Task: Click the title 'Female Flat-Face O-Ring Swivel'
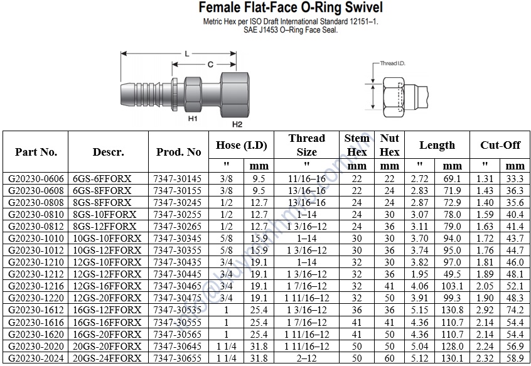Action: coord(291,8)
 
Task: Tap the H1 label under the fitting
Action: coord(193,119)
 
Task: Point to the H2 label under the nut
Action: coord(237,124)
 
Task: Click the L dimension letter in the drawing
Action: coord(186,53)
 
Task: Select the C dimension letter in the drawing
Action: coord(210,64)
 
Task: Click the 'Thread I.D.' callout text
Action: coord(392,63)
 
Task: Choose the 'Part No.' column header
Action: coord(36,152)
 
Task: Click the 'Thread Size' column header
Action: coord(307,145)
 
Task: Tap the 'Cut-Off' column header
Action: coord(500,145)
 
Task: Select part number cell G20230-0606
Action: coord(36,179)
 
